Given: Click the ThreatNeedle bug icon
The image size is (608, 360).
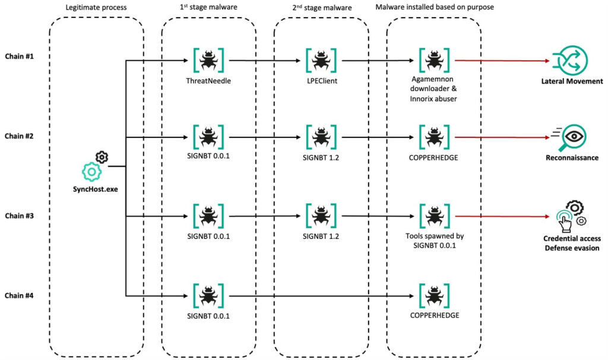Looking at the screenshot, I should (208, 61).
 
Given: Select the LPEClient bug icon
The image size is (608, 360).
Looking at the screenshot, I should (321, 61).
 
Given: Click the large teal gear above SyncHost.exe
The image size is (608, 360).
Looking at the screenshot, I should (91, 172).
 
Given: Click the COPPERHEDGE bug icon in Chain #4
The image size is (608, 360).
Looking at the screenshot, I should (434, 295).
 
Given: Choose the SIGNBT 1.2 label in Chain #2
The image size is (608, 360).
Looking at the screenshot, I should (321, 156).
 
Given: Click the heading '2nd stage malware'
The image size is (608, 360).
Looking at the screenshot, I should (321, 8).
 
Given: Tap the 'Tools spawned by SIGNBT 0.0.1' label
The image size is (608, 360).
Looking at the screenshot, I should (434, 241).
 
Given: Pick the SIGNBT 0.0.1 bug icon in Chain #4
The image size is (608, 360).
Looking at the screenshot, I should (208, 295).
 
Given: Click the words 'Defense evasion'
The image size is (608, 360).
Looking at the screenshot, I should (572, 248).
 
